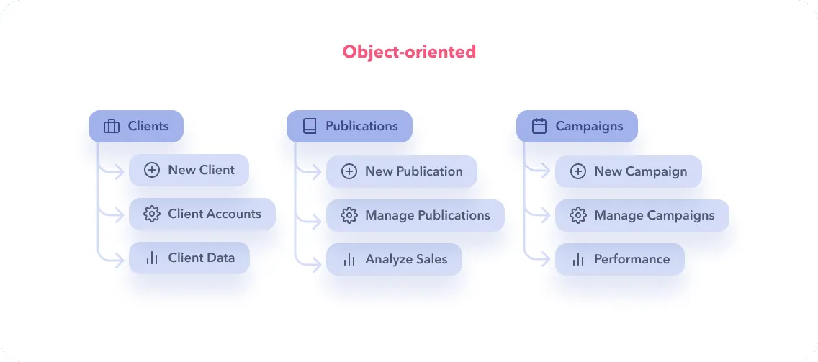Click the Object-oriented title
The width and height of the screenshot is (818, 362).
(x=409, y=52)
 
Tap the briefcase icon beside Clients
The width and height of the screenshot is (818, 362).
(x=112, y=127)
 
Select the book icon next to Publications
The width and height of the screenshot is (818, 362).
(x=310, y=127)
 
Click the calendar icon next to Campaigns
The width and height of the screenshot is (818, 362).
(x=539, y=127)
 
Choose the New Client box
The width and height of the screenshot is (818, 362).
(x=189, y=171)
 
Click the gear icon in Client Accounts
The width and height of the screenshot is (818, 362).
(x=151, y=214)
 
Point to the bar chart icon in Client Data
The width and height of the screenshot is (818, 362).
(x=151, y=258)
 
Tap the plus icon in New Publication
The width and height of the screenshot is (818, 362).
(x=349, y=172)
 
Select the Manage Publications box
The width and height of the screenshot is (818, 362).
(x=415, y=215)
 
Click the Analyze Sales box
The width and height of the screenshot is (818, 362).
(x=393, y=260)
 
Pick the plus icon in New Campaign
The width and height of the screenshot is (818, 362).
(x=577, y=172)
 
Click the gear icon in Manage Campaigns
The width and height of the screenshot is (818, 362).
(x=577, y=215)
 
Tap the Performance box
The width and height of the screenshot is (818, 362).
(x=619, y=260)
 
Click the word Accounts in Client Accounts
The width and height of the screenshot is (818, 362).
(x=232, y=214)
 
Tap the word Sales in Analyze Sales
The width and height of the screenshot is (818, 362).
(x=431, y=260)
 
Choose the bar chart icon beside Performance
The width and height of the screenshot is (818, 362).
(x=577, y=260)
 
